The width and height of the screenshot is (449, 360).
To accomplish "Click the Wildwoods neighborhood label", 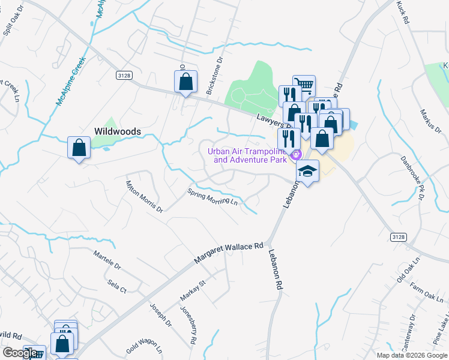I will click(117, 131).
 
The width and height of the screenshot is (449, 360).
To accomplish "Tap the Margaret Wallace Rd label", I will click(229, 254).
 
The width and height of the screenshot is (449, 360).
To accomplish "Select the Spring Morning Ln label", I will click(212, 197).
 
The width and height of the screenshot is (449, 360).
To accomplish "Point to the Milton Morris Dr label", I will click(144, 197).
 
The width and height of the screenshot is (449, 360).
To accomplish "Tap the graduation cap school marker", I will click(307, 172).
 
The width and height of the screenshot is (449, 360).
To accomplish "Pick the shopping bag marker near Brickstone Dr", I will click(185, 81).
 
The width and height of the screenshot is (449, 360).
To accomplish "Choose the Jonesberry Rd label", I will click(188, 325).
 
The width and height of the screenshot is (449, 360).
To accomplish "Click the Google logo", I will click(19, 353).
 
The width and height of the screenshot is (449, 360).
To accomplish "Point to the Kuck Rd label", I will click(403, 12).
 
